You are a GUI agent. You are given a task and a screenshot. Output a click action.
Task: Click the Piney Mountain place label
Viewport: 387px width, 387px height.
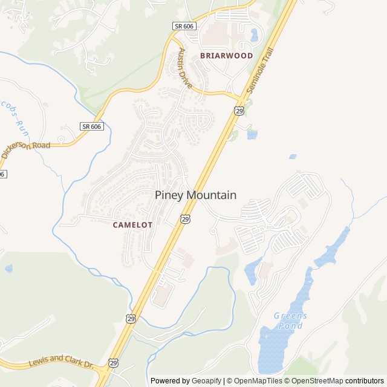[x=195, y=195]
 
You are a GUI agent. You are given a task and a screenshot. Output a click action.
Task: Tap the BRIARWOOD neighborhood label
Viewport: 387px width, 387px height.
[x=226, y=56]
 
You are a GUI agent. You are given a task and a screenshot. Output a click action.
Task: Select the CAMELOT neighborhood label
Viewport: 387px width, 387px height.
[x=132, y=224]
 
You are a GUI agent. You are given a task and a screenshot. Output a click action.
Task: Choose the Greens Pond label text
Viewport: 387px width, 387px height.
[x=290, y=320]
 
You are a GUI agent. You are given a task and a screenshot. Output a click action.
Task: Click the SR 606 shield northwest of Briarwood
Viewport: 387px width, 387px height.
[x=183, y=26]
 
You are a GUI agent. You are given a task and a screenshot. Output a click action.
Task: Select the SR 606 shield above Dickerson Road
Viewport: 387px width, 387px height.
[x=91, y=126]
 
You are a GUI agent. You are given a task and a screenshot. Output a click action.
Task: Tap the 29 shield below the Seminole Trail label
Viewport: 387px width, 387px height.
[x=239, y=110]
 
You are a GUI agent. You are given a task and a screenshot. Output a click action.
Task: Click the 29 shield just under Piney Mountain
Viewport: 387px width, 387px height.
[x=185, y=218]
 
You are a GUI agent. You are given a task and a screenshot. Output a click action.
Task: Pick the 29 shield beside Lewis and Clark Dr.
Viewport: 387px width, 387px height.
[x=114, y=362]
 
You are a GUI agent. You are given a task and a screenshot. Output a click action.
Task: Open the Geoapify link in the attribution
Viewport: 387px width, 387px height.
[x=207, y=381]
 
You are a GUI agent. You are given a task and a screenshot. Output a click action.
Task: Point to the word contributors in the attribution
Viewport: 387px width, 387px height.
[x=365, y=381]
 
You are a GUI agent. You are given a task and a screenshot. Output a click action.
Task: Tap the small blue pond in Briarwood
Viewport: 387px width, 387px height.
[x=254, y=34]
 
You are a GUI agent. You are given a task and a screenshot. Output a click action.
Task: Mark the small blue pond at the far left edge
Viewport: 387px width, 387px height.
[x=8, y=268]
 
